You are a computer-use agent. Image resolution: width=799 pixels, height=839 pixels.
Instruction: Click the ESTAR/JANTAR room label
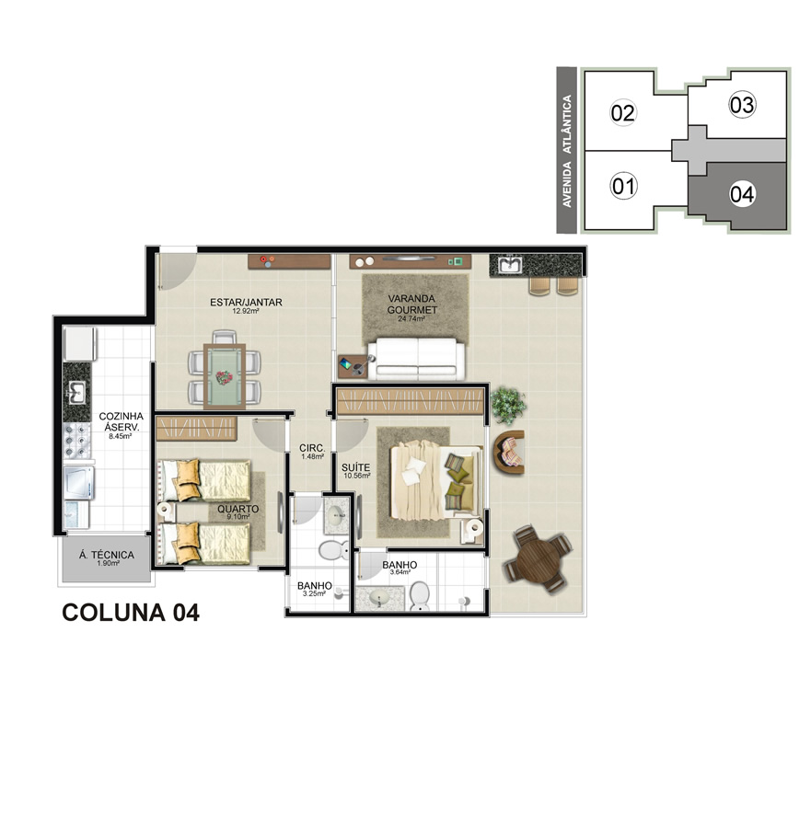(246, 303)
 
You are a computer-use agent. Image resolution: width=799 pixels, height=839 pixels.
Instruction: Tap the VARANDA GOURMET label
(411, 304)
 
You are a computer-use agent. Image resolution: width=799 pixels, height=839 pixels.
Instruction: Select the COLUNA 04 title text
(131, 613)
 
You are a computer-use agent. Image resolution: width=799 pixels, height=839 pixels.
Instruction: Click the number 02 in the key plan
(623, 113)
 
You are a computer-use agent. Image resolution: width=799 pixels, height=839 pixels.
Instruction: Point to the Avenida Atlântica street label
(567, 151)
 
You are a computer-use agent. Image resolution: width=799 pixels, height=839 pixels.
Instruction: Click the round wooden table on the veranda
(538, 559)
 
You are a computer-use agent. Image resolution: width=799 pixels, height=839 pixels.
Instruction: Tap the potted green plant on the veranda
(508, 405)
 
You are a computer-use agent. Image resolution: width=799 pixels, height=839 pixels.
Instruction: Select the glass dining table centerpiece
(225, 378)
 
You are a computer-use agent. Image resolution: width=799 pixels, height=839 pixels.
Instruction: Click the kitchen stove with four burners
(77, 441)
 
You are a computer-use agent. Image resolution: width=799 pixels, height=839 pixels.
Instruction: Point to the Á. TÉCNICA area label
(107, 555)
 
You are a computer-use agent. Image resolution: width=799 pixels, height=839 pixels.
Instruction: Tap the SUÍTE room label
(355, 467)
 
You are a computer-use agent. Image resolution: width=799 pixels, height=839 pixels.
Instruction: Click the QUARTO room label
(237, 509)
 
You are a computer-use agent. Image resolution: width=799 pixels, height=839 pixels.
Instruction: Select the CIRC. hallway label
(312, 448)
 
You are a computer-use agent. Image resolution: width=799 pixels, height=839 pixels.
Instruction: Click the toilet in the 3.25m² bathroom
(332, 549)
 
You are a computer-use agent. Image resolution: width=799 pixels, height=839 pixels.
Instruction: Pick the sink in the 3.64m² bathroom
(379, 598)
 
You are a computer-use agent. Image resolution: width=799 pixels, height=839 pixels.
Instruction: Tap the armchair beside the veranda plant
(509, 452)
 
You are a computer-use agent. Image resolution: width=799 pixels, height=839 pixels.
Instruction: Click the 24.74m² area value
(411, 319)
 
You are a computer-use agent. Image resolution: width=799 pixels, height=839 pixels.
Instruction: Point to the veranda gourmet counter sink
(509, 264)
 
